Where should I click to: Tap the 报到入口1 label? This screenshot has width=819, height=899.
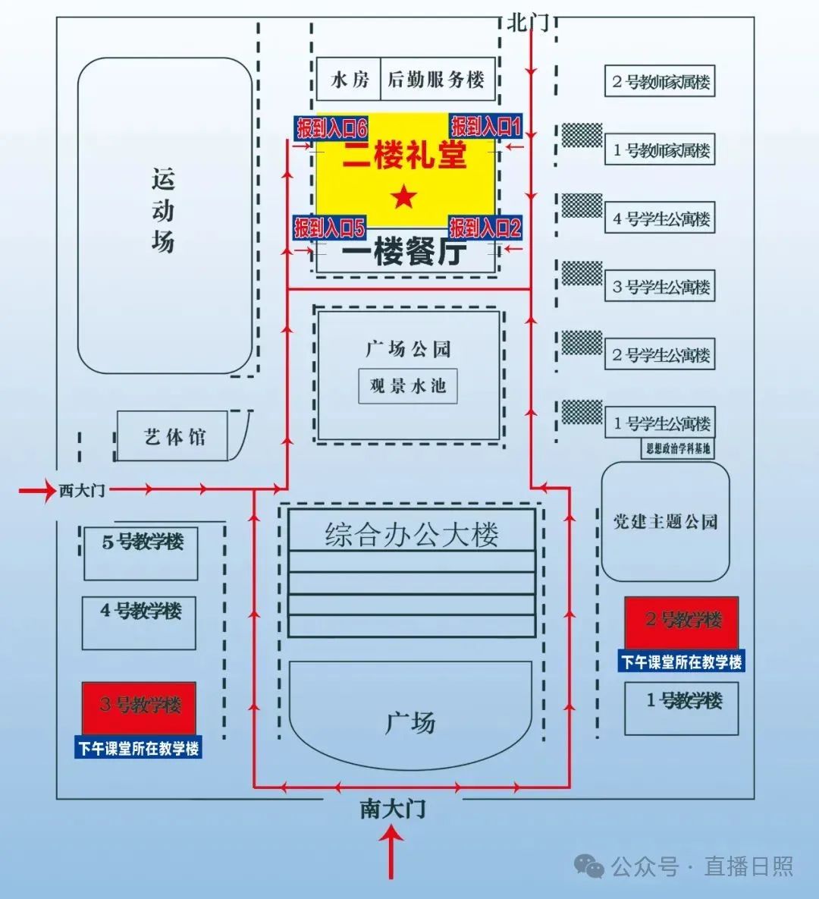coord(485,126)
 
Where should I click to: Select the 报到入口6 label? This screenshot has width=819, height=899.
coord(331,128)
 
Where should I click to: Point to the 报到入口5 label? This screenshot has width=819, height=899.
coord(330,228)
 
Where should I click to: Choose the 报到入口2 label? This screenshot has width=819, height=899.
coord(485,228)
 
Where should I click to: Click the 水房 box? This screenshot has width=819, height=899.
coord(349,79)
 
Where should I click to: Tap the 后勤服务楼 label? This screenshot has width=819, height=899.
coord(436,79)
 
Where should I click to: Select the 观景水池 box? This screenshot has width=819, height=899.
coord(408,386)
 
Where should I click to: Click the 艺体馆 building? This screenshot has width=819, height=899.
coord(172,435)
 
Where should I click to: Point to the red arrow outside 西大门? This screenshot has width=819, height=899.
coord(37,491)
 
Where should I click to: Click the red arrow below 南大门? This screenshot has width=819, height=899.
coord(392,852)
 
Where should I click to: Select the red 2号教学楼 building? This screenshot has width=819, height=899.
coord(682,623)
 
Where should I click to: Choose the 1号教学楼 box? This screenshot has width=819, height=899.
coord(682,709)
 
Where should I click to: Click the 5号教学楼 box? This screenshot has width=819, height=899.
coord(141,553)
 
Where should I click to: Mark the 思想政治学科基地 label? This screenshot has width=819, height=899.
coord(678,448)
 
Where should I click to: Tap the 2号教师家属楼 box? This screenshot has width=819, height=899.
coord(660,81)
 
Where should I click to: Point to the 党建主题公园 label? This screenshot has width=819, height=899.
coord(665,522)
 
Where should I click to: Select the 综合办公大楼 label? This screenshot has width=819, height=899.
coord(412,534)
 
